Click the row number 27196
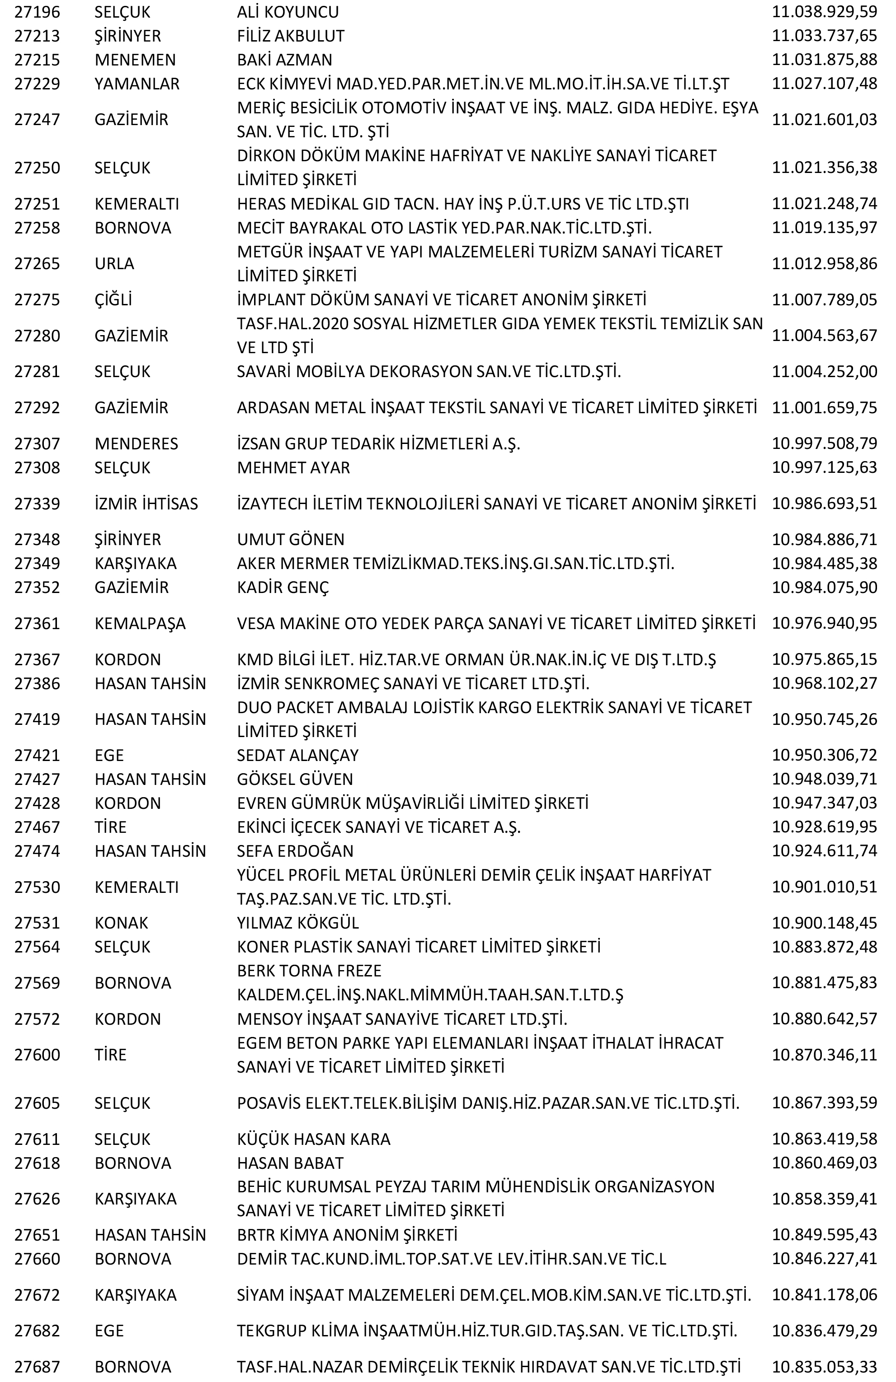(x=37, y=12)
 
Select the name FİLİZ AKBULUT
(x=291, y=36)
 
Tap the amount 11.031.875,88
(x=824, y=60)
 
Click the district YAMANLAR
(x=137, y=84)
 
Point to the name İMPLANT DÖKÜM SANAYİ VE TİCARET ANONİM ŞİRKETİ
(x=441, y=299)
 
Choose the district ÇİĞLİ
(x=113, y=299)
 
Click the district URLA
(x=114, y=264)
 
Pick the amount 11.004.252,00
(x=824, y=372)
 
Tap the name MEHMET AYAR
(x=293, y=467)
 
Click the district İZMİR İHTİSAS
(x=146, y=504)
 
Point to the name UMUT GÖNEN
(x=291, y=539)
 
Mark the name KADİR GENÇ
(x=283, y=587)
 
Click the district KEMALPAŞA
(x=140, y=624)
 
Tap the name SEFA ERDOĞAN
(x=295, y=851)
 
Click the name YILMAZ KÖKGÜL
(x=298, y=923)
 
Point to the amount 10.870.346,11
(x=824, y=1055)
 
